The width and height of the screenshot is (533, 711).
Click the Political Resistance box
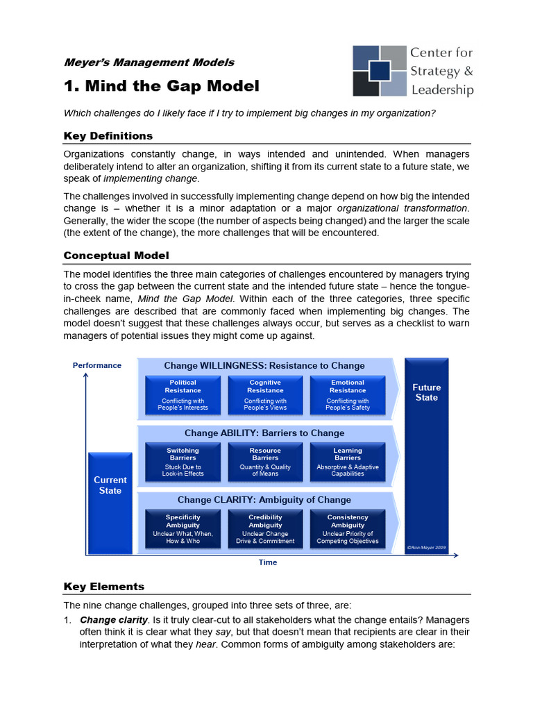pos(183,394)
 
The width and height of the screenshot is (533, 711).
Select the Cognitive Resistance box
pos(265,394)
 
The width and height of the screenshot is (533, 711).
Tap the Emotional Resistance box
pos(348,394)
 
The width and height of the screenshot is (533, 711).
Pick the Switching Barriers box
pos(183,462)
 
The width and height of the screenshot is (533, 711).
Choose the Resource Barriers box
pos(265,462)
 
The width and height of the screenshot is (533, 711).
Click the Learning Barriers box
pos(348,462)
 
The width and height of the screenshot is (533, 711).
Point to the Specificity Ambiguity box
pos(183,528)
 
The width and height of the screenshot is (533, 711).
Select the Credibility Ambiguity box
pos(265,528)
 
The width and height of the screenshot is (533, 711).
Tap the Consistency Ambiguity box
pos(348,528)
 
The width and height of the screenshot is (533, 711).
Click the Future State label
pos(426,392)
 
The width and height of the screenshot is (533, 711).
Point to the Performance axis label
pos(97,365)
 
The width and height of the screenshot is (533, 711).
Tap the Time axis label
pos(268,562)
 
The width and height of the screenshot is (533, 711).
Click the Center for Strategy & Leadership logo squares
pos(380,71)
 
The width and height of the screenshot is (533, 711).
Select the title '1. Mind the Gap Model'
pos(161,86)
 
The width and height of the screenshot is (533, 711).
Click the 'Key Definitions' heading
pos(108,135)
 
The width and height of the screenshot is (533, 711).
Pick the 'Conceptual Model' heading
pos(116,256)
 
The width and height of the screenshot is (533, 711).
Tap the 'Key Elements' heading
pos(104,587)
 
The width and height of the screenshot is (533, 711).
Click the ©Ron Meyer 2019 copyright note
pos(426,548)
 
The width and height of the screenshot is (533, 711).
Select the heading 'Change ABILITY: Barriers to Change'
pos(264,433)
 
